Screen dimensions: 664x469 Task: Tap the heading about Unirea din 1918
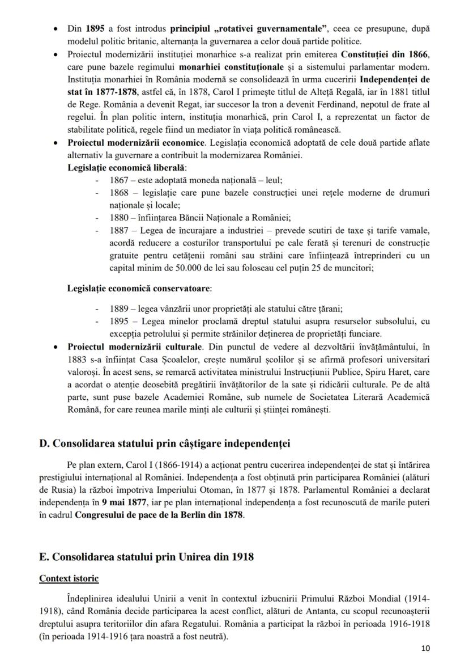point(146,557)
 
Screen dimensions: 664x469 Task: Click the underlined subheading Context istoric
point(69,578)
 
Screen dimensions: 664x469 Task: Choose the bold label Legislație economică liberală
point(127,168)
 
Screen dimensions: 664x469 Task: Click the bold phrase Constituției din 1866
point(385,54)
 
